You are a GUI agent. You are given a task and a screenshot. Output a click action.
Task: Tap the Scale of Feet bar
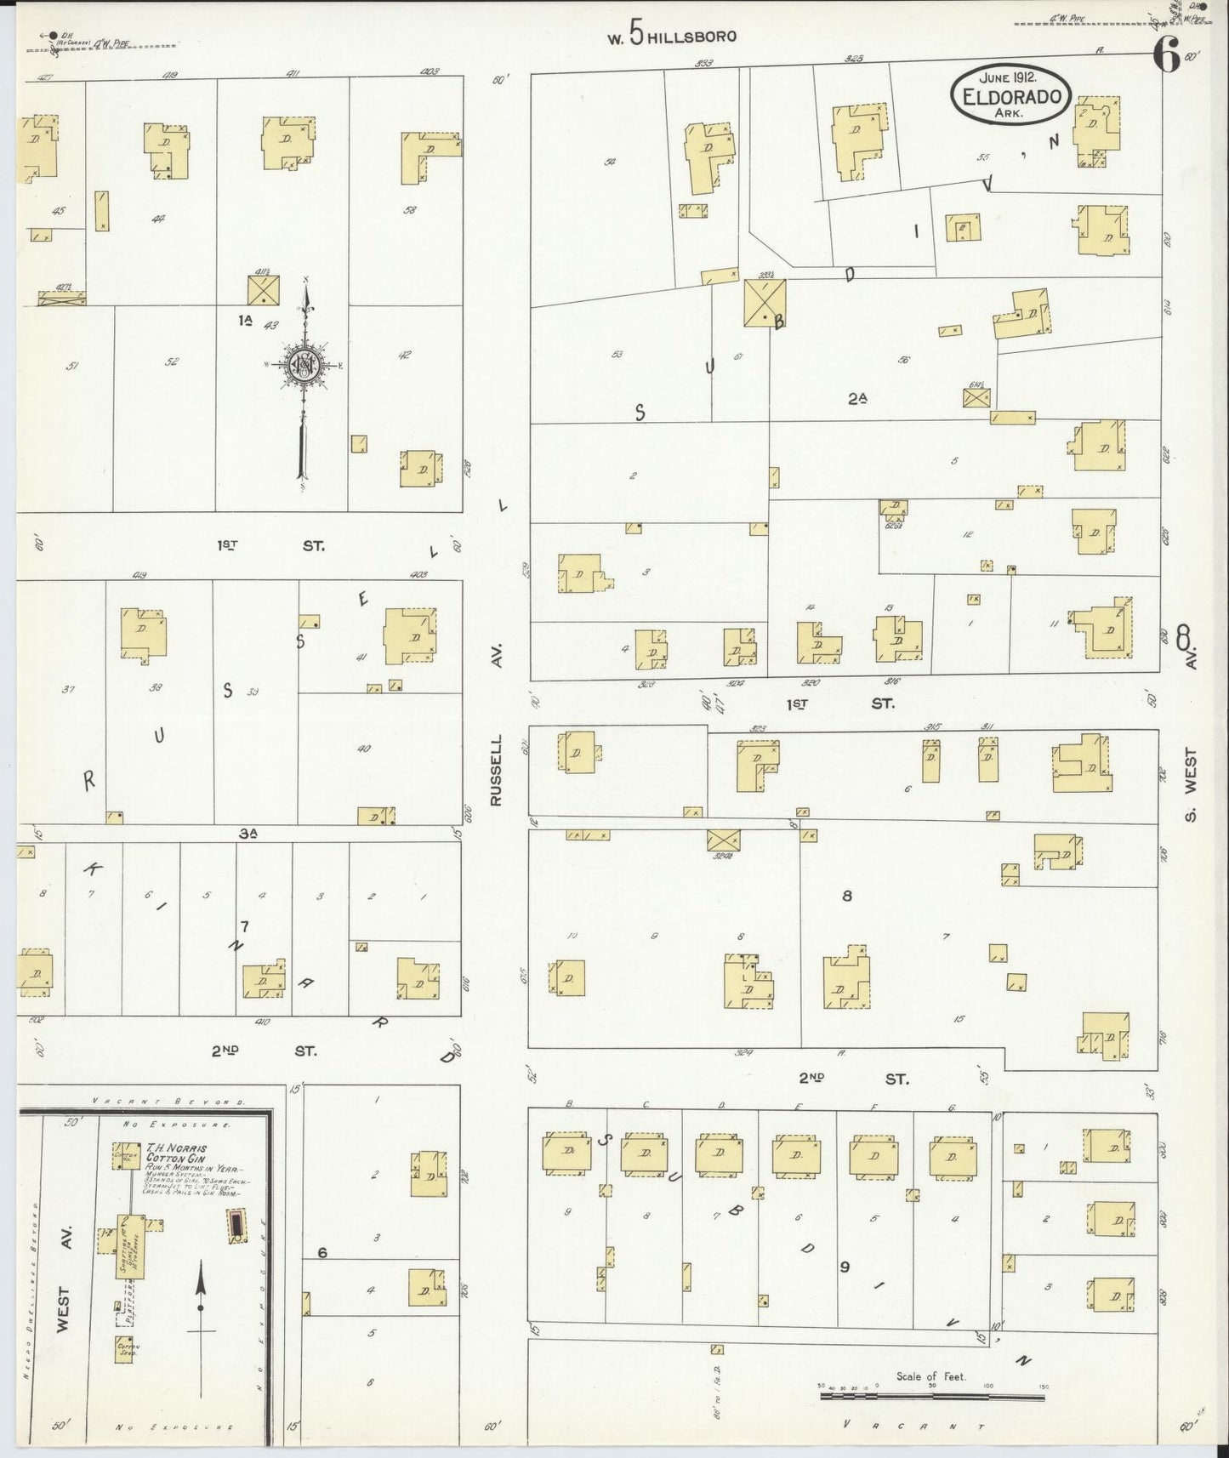933,1395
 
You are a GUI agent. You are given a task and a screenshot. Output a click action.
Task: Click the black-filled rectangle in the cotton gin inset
235,1226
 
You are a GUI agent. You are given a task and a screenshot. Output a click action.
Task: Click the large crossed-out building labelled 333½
765,302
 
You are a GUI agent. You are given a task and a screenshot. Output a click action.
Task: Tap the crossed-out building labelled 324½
723,839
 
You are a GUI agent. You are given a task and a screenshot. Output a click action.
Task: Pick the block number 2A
856,397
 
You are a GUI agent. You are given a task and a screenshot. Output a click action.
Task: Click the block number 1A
246,319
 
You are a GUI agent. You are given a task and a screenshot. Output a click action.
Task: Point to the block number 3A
248,834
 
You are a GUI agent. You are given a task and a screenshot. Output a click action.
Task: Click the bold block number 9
845,1267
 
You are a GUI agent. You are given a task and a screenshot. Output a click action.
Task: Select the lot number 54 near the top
610,162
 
